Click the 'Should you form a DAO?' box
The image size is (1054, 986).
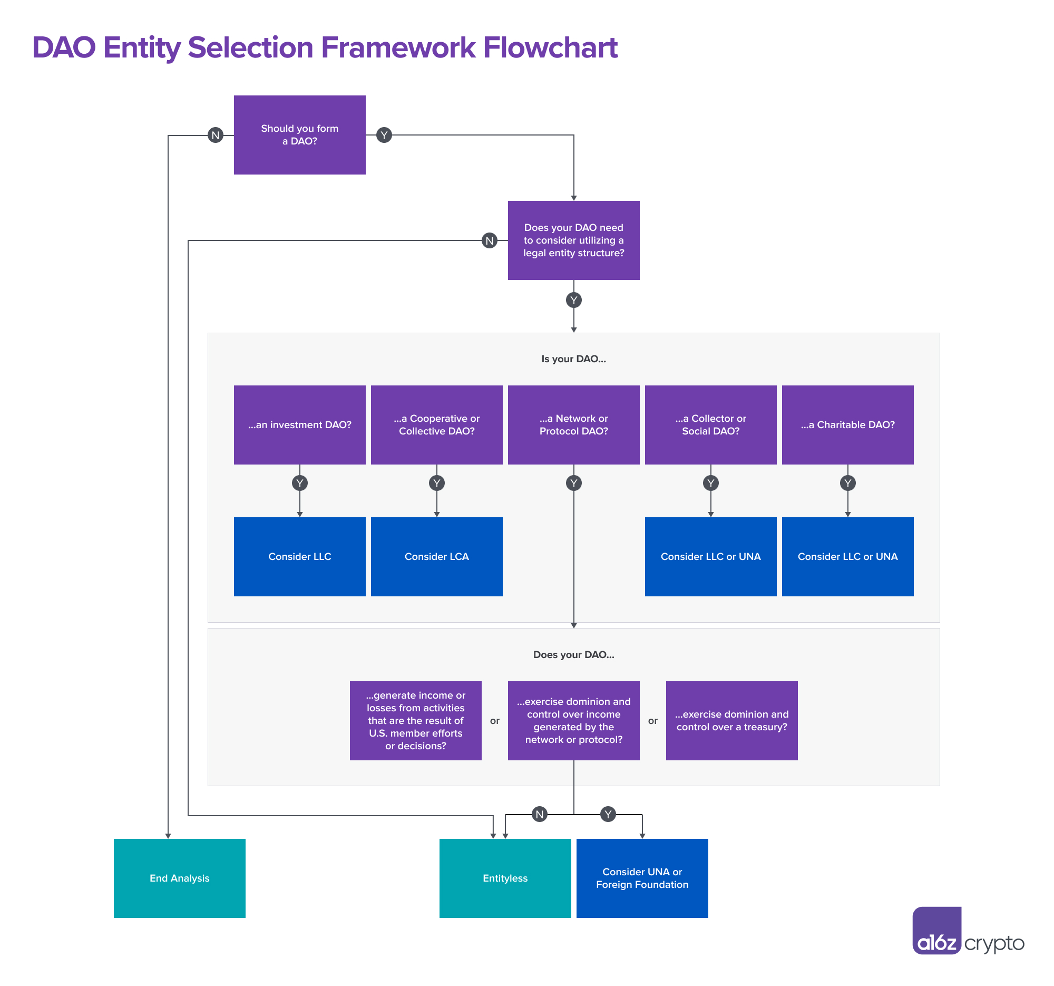pos(299,135)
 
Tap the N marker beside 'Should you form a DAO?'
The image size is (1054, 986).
pos(215,136)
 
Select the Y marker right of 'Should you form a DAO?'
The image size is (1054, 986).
pos(384,136)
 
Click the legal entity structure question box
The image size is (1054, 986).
pos(573,240)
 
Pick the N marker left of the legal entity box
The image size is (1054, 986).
pos(489,241)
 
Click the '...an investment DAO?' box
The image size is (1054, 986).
pos(299,425)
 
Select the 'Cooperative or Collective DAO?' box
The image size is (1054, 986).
pos(436,425)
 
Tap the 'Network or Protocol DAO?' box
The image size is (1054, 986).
pos(573,425)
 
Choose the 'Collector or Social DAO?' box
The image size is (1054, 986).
pos(710,425)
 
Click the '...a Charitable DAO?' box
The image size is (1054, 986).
pos(847,425)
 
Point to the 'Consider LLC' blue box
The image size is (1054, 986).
pos(299,556)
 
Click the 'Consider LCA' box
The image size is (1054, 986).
pos(436,556)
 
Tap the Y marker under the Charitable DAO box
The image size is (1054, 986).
pos(847,483)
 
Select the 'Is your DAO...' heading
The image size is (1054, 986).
pos(573,359)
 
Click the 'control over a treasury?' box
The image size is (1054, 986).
pos(731,720)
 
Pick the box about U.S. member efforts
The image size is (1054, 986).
pos(415,720)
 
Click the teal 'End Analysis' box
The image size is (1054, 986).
pos(179,878)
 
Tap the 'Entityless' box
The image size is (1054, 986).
pos(505,878)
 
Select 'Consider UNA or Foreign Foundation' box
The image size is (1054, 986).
pos(642,878)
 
